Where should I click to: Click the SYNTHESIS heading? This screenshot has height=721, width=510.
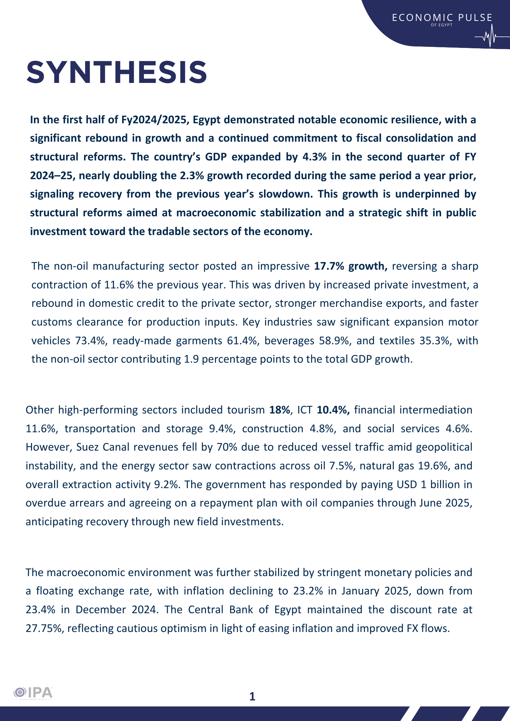click(117, 72)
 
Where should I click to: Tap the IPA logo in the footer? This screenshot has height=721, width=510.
click(33, 693)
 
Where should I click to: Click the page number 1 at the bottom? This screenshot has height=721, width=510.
click(252, 696)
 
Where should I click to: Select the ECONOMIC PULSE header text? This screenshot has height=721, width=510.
click(442, 18)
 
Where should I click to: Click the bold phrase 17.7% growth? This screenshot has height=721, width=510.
click(351, 266)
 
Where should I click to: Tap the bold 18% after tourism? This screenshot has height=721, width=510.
click(280, 410)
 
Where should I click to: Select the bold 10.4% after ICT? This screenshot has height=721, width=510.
click(333, 410)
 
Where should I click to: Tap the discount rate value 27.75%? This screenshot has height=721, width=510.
click(45, 628)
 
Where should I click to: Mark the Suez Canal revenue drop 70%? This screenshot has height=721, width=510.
click(227, 447)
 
